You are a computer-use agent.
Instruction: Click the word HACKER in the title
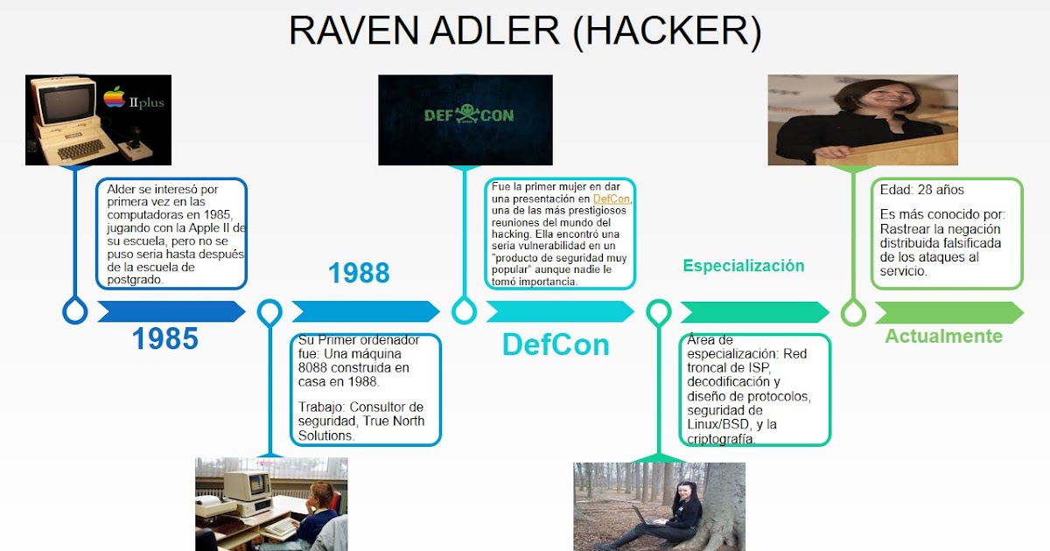pyautogui.click(x=667, y=31)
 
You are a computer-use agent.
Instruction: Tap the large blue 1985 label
pyautogui.click(x=165, y=338)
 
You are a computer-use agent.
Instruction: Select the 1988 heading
pyautogui.click(x=359, y=273)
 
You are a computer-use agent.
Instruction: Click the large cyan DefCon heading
pyautogui.click(x=556, y=345)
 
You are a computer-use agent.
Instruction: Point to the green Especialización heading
pyautogui.click(x=744, y=266)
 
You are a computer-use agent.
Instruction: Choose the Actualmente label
pyautogui.click(x=943, y=336)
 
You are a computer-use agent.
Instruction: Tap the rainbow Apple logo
pyautogui.click(x=115, y=97)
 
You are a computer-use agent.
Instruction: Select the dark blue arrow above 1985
pyautogui.click(x=171, y=311)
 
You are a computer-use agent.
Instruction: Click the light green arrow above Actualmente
pyautogui.click(x=948, y=312)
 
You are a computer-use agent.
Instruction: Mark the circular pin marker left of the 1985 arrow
pyautogui.click(x=75, y=310)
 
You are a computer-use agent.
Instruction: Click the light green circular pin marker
pyautogui.click(x=853, y=311)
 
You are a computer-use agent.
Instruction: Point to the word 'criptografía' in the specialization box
pyautogui.click(x=722, y=438)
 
